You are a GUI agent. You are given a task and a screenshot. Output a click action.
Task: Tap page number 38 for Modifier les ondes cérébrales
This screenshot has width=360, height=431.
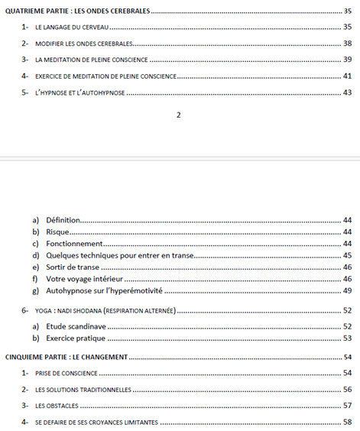pos(347,43)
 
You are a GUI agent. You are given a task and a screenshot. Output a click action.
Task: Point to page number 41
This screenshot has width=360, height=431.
pos(347,76)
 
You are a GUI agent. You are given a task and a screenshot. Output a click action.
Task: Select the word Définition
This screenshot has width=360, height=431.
pos(63,219)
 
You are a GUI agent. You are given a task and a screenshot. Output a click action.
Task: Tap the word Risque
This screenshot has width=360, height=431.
pos(58,232)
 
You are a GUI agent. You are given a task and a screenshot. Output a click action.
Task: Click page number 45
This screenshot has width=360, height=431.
pos(347,255)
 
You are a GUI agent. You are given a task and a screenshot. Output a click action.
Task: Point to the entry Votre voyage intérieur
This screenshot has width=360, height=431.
pos(84,279)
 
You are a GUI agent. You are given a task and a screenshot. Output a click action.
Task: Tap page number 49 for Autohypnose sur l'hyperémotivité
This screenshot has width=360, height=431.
pos(347,291)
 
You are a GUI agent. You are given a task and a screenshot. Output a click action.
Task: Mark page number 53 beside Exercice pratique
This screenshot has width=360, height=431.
pos(347,339)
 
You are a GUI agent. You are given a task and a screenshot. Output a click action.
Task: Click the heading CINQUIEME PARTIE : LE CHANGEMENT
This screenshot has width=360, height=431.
pos(66,357)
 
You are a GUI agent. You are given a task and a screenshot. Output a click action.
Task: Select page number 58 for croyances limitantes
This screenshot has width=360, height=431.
pos(347,422)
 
